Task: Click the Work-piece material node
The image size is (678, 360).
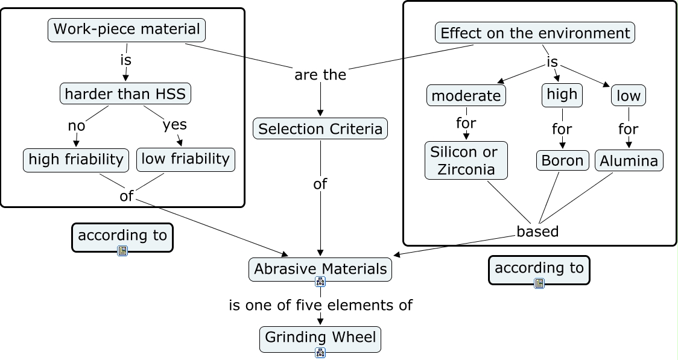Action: [x=127, y=29]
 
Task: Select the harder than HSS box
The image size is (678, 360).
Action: [x=125, y=93]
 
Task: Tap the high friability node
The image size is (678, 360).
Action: [x=76, y=159]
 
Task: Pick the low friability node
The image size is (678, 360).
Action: [x=186, y=159]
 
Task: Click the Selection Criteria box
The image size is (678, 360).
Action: [x=320, y=128]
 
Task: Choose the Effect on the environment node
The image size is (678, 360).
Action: [x=535, y=33]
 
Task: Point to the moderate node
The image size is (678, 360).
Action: [x=466, y=95]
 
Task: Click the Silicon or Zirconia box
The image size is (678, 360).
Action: [x=466, y=160]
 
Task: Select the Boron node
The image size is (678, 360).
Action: [x=562, y=160]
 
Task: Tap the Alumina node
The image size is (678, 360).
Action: [x=629, y=161]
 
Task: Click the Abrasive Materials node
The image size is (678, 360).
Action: [x=320, y=269]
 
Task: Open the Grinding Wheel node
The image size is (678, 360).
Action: [x=320, y=338]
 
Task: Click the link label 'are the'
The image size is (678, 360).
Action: [x=320, y=75]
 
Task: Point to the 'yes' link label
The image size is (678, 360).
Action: [x=174, y=125]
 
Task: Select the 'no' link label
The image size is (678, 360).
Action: [x=77, y=125]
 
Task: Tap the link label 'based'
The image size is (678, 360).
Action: [x=537, y=232]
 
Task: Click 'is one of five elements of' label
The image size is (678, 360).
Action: [x=320, y=305]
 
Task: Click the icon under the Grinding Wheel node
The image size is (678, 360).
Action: [x=320, y=353]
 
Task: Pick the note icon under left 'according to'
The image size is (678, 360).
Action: [x=122, y=251]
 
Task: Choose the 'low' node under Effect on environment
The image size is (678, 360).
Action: [x=629, y=95]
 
